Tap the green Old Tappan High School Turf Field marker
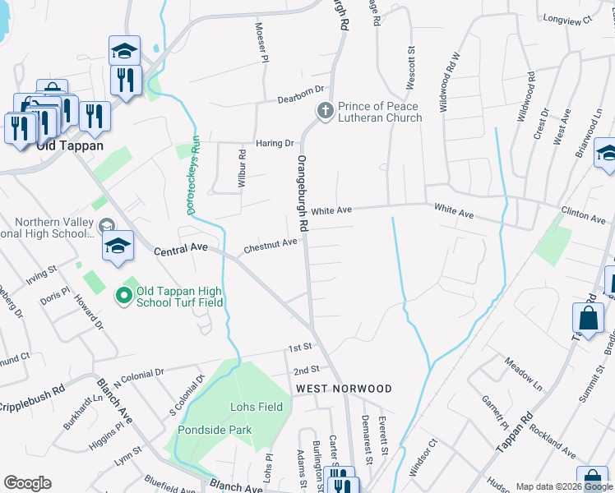124,294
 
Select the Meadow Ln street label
524,374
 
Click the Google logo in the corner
27,483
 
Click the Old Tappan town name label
69,145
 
